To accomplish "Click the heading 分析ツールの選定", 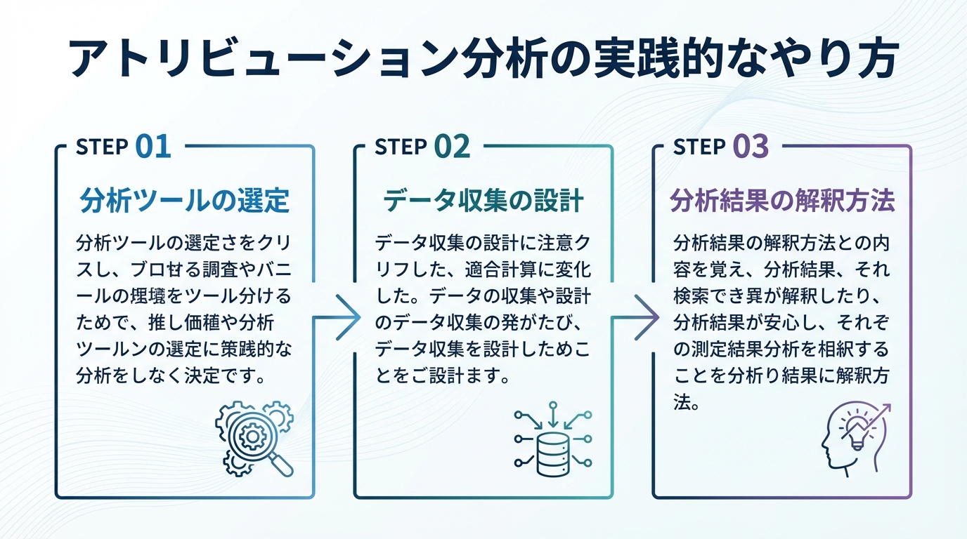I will pyautogui.click(x=185, y=201).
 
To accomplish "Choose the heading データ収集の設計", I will pyautogui.click(x=483, y=201).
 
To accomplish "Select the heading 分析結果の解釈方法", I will pyautogui.click(x=782, y=201).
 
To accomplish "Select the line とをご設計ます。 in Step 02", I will pyautogui.click(x=441, y=375).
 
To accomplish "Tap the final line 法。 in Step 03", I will pyautogui.click(x=685, y=403).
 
